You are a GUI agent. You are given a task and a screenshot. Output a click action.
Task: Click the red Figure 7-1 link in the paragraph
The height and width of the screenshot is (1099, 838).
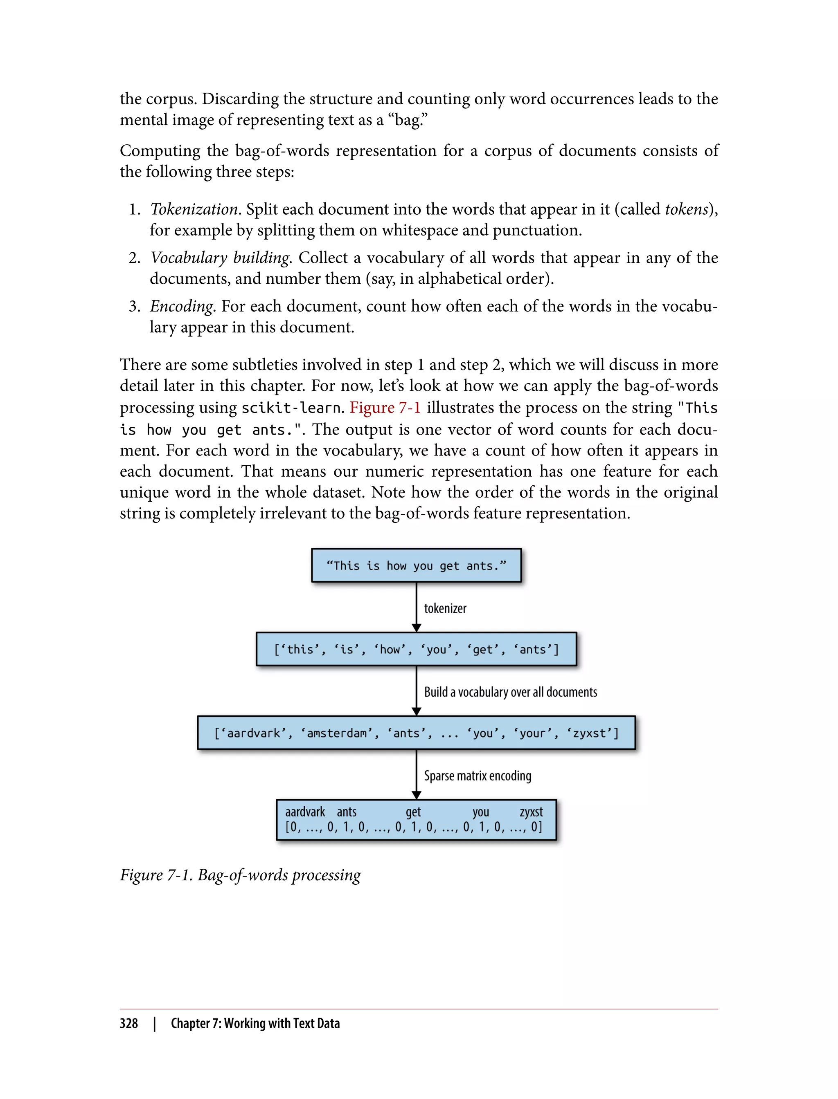tap(385, 407)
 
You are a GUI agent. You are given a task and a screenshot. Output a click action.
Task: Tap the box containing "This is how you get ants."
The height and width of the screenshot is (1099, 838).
tap(416, 565)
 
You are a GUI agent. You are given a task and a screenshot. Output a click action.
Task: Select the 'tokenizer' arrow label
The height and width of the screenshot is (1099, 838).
tap(445, 608)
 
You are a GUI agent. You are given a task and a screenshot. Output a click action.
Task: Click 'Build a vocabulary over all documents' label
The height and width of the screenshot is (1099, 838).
tap(510, 692)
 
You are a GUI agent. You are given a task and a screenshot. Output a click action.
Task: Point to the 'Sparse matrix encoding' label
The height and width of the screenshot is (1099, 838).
tap(478, 776)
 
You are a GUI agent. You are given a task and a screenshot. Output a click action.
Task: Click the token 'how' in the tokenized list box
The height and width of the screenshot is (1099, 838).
tap(390, 649)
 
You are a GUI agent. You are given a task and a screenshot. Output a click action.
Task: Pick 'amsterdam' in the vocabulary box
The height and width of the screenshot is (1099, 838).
tap(337, 733)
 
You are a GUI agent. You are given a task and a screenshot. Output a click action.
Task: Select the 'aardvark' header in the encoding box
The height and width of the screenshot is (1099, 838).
tap(305, 812)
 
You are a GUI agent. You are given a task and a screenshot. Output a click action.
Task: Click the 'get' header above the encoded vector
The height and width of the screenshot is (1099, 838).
tap(413, 812)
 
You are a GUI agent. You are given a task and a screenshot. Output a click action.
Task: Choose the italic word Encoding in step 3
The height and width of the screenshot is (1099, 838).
tap(182, 306)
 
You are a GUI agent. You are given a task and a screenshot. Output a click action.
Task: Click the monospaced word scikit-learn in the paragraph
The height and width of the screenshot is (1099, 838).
tap(291, 408)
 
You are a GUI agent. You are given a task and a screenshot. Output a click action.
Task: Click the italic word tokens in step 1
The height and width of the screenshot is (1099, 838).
tap(686, 209)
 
